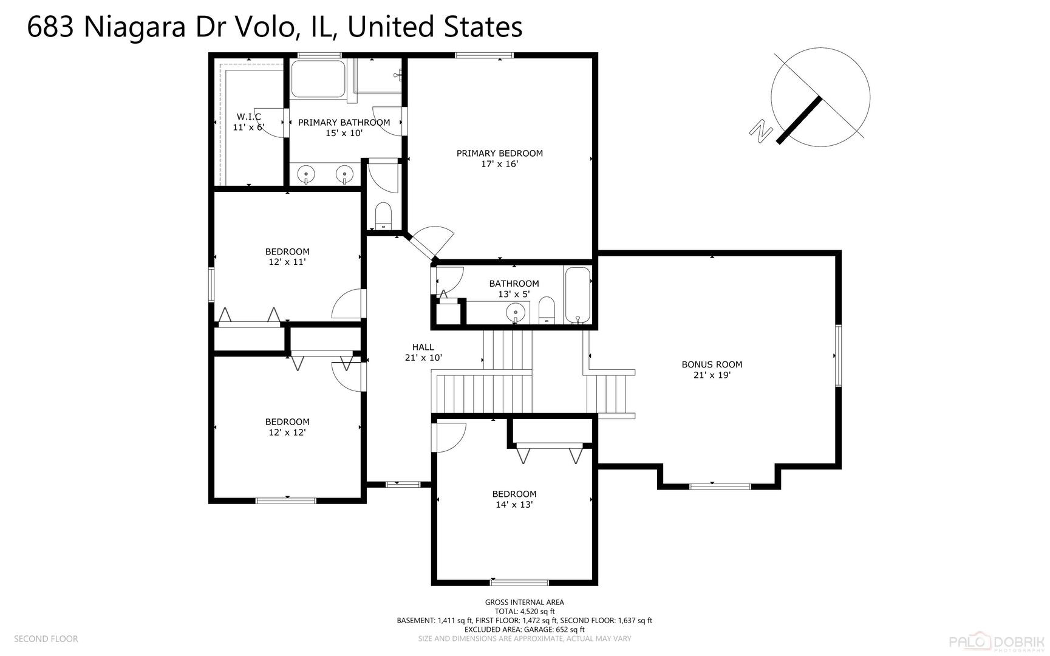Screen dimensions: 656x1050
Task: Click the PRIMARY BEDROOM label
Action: point(499,153)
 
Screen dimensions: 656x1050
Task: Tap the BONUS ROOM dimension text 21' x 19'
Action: point(712,375)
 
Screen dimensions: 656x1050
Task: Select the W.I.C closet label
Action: point(249,117)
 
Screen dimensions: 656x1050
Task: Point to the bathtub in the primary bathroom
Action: point(318,78)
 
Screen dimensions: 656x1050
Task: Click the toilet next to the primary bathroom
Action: point(383,216)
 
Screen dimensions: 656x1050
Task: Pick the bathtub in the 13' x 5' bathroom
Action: point(578,295)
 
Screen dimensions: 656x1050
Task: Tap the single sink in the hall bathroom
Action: point(515,313)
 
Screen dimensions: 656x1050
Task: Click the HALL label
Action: point(423,347)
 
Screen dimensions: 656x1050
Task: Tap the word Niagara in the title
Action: point(134,27)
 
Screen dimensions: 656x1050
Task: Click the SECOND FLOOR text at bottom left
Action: point(46,638)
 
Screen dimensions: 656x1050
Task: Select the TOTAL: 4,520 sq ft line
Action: point(524,612)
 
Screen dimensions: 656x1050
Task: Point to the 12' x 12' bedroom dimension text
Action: point(287,432)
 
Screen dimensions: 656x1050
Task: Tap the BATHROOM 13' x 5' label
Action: point(514,289)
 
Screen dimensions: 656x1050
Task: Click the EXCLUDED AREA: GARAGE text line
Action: point(524,629)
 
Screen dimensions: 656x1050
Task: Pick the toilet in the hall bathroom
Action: point(547,309)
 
